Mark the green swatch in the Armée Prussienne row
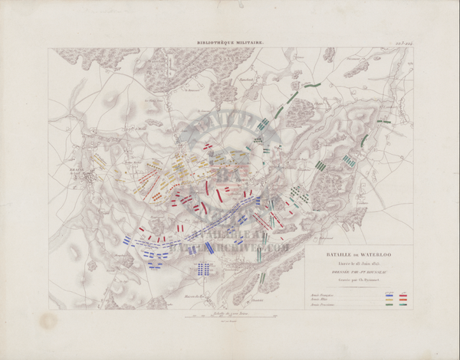[x=389, y=304]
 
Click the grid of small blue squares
[x=203, y=268]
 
